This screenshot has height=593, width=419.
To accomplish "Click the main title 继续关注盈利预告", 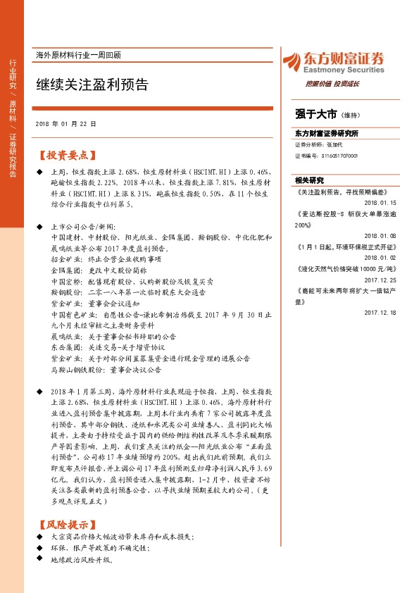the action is [x=92, y=85].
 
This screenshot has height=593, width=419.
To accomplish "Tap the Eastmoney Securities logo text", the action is [x=334, y=70].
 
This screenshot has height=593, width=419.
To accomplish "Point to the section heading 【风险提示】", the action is [x=68, y=524].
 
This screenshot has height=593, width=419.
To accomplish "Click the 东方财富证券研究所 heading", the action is [x=327, y=133].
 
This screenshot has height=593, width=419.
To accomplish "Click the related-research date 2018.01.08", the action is [x=381, y=237].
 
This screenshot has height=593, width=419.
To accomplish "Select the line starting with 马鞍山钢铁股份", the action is [x=106, y=368].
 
